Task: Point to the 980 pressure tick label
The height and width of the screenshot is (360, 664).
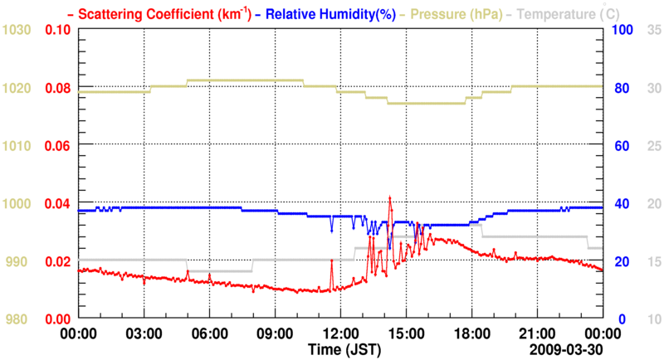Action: [19, 319]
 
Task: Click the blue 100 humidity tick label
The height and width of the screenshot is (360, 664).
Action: [622, 30]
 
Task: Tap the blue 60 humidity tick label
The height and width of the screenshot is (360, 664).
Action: [618, 146]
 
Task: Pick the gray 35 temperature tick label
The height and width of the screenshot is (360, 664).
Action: [653, 30]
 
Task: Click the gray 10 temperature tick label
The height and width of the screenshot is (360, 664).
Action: [653, 319]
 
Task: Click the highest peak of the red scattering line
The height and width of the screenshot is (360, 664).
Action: [389, 197]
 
